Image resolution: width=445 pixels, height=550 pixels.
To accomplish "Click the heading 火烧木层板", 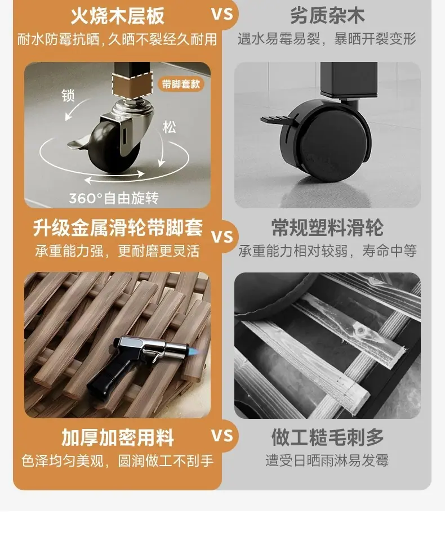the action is (118, 16).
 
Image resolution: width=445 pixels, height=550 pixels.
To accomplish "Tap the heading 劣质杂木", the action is (327, 16).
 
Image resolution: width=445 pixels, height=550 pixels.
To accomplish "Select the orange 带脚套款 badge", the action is (181, 84).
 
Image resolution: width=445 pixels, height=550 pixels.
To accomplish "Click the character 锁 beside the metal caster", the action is (68, 96).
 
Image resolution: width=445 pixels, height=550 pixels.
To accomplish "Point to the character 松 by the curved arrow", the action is (169, 127).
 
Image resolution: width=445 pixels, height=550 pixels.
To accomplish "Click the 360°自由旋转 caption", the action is (114, 199).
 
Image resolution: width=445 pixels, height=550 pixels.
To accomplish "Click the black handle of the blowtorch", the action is (105, 381).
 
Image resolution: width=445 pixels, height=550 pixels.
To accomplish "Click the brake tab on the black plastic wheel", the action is (275, 120).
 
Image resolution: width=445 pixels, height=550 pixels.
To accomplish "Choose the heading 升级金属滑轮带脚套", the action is (118, 228).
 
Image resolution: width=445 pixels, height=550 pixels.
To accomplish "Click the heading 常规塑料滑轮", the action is (327, 228).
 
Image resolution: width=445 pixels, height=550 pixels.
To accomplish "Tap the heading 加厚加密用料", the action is (118, 438).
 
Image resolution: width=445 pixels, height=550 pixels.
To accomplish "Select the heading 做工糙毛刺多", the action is (327, 437).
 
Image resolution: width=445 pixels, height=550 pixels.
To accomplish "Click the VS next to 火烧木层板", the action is (222, 15).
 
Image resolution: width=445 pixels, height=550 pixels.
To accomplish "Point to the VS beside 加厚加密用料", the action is (222, 436).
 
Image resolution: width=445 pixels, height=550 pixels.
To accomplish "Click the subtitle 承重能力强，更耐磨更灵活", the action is (118, 251).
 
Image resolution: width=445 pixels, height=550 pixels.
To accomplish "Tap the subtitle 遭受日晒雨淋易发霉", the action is (327, 460).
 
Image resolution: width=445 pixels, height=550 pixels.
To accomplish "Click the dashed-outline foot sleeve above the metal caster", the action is (132, 84).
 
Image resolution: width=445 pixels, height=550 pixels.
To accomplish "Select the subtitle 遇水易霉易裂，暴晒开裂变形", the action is (327, 39).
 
